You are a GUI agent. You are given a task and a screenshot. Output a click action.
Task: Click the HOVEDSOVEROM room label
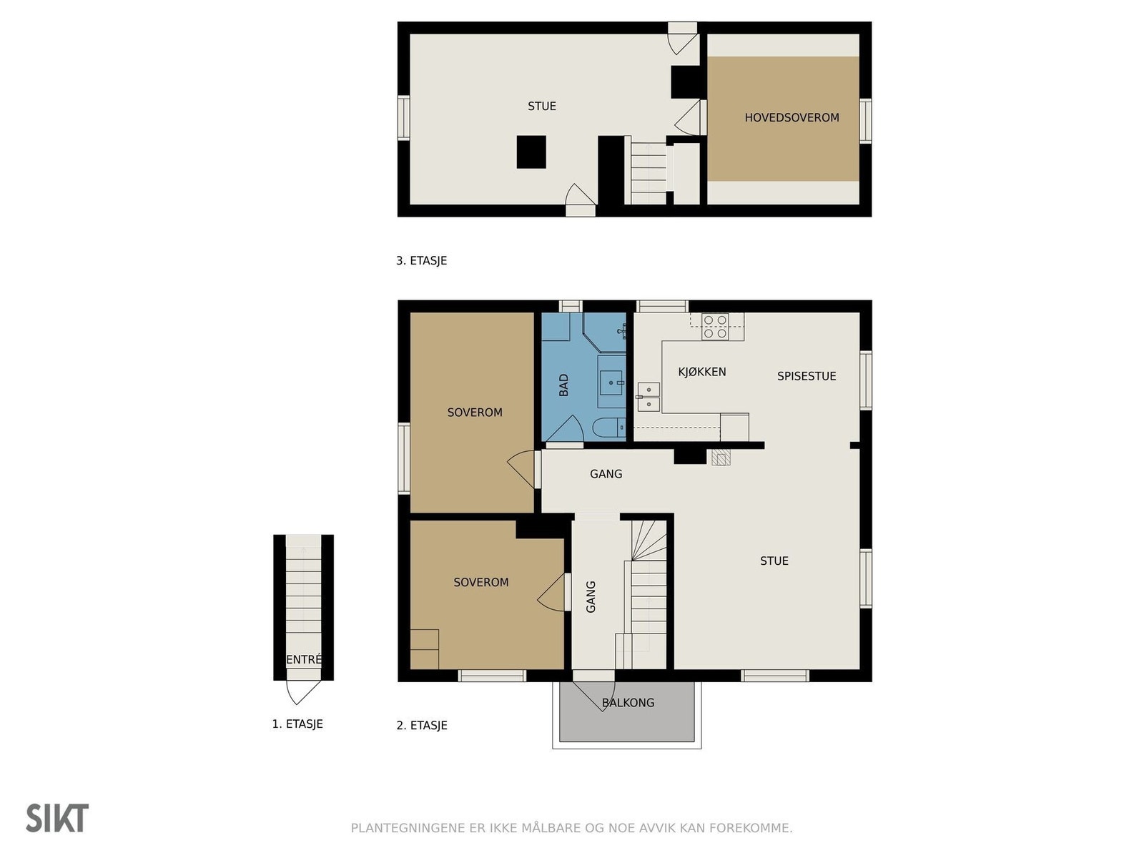[x=792, y=117]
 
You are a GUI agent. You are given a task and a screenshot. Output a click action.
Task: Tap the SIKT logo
[x=57, y=818]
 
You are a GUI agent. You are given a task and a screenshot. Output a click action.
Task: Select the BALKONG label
[x=628, y=703]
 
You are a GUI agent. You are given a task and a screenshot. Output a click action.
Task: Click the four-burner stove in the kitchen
[x=715, y=327]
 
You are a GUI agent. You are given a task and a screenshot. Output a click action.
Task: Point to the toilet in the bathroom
[x=608, y=428]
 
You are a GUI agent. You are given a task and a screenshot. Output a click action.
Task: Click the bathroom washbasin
[x=611, y=383]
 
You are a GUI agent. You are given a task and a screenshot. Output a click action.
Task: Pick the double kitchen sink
[x=649, y=398]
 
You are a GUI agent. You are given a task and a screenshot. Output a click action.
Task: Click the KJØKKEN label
[x=701, y=372]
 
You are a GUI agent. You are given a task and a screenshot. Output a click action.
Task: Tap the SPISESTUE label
[x=807, y=376]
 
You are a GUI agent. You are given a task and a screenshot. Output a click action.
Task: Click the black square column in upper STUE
[x=531, y=152]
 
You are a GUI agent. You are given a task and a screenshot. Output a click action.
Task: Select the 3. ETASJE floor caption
[x=421, y=261]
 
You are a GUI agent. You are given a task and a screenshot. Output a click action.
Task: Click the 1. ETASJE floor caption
[x=297, y=724]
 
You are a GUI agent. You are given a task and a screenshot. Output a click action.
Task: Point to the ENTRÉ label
[x=304, y=660]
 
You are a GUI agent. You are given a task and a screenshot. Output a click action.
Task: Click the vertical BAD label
[x=564, y=385]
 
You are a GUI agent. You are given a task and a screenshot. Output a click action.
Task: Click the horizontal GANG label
[x=606, y=474]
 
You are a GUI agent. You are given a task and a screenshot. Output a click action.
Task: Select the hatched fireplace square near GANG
[x=721, y=457]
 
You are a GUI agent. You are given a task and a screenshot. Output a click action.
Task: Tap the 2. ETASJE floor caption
[x=422, y=726]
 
